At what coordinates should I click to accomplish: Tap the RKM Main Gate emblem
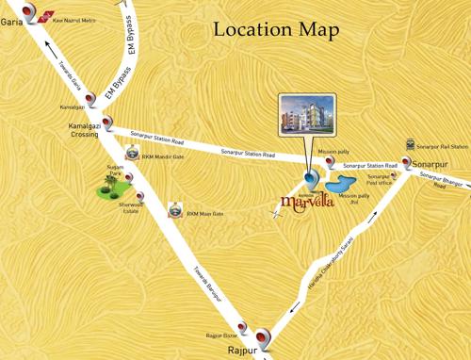(x=174, y=212)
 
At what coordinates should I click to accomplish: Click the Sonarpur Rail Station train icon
(x=410, y=144)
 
